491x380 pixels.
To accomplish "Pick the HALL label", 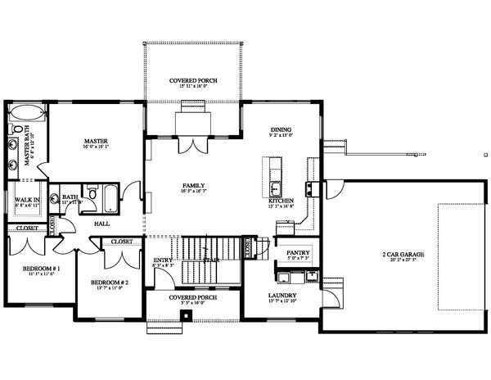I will [102, 223].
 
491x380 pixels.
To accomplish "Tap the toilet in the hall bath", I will [92, 195].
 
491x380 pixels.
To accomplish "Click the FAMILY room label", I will [193, 186].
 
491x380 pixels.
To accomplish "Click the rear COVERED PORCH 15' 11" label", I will [193, 81].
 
